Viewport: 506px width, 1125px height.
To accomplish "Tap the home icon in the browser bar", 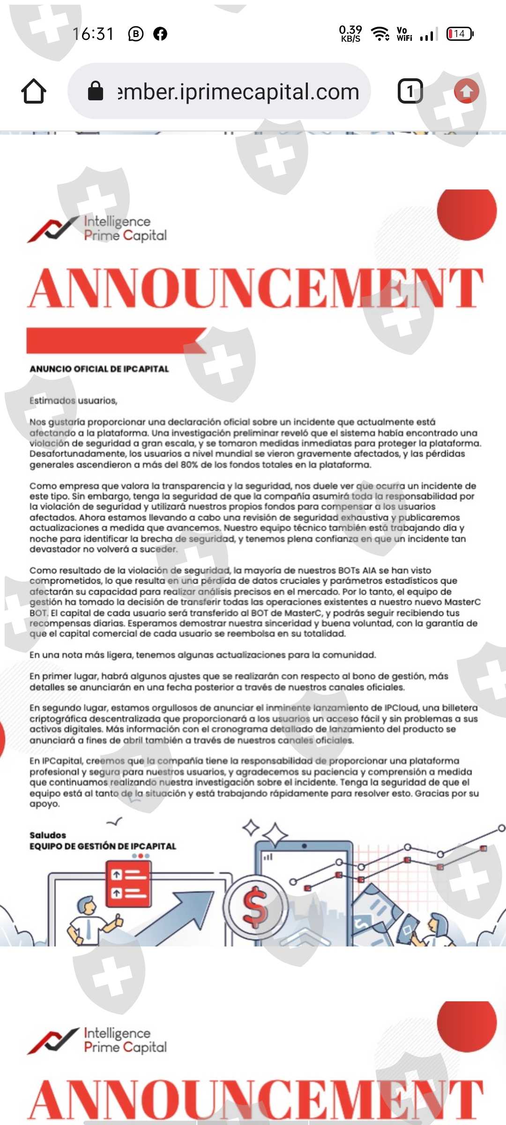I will point(34,91).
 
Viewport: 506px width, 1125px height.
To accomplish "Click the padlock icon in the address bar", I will point(96,91).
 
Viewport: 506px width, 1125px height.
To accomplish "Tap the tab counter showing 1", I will point(410,91).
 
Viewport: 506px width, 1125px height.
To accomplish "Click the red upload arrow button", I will point(466,91).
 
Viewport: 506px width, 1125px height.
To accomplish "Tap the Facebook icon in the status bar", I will point(160,34).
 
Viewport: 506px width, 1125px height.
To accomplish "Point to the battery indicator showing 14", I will point(460,34).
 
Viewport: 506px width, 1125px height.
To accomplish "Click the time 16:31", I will point(93,34).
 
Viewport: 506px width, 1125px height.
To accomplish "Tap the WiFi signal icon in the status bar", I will point(379,34).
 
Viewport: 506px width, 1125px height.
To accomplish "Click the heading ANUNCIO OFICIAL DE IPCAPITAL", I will point(99,369).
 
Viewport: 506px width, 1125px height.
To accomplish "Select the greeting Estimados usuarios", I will point(73,401).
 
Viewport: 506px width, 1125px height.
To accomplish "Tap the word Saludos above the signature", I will point(48,835).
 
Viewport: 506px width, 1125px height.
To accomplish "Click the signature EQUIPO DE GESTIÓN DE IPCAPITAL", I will point(103,846).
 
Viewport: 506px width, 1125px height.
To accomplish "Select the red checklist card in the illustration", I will point(128,884).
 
